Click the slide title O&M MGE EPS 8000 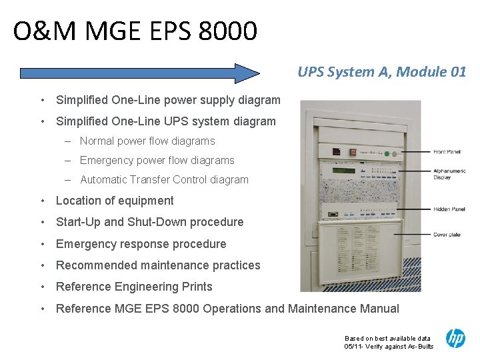coord(135,31)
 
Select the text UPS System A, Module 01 coord(381,72)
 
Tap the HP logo coord(455,338)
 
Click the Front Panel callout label coord(447,152)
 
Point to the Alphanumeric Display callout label coord(449,174)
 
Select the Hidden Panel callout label coord(449,209)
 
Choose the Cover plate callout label coord(447,235)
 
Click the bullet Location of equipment coord(115,201)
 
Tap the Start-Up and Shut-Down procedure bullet coord(149,222)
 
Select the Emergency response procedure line coord(141,244)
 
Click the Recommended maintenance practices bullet coord(158,265)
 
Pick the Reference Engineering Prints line coord(134,287)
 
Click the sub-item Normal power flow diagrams coord(147,141)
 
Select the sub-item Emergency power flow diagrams coord(157,161)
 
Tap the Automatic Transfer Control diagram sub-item coord(164,180)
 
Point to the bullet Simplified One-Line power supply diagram coord(168,100)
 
